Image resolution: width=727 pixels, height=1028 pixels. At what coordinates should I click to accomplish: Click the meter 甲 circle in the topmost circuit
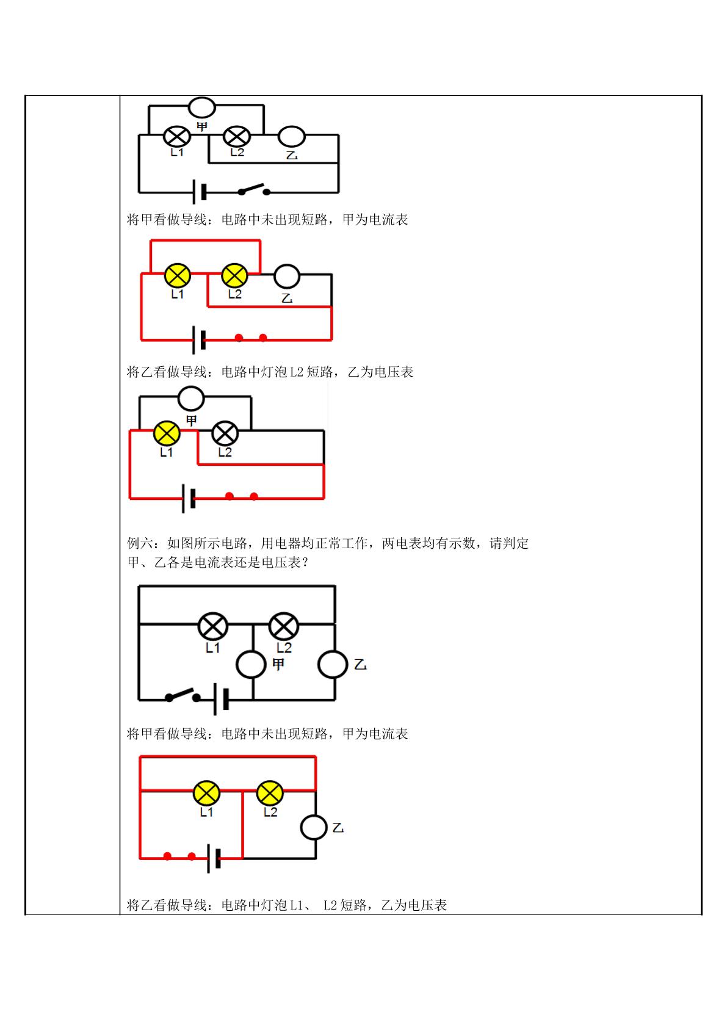pyautogui.click(x=202, y=107)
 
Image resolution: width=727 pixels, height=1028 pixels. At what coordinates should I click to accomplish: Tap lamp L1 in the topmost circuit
pyautogui.click(x=177, y=136)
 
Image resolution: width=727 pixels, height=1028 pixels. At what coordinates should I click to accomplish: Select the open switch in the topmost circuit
pyautogui.click(x=254, y=189)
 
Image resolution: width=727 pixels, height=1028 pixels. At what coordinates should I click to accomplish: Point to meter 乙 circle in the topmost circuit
pyautogui.click(x=291, y=136)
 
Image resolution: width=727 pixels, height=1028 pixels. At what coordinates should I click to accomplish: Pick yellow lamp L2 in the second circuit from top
pyautogui.click(x=234, y=275)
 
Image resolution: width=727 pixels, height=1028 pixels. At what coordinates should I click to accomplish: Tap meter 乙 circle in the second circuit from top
pyautogui.click(x=287, y=277)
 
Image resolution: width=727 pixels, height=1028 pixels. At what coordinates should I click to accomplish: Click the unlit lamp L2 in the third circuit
pyautogui.click(x=225, y=433)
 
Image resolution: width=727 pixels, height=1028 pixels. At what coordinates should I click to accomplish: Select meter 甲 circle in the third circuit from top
pyautogui.click(x=191, y=398)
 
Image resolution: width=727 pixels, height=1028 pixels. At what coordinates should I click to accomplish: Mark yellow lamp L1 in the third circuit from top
pyautogui.click(x=167, y=433)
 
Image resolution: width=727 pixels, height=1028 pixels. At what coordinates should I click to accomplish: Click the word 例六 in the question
pyautogui.click(x=140, y=543)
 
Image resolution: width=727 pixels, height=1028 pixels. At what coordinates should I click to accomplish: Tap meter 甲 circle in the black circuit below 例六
pyautogui.click(x=251, y=664)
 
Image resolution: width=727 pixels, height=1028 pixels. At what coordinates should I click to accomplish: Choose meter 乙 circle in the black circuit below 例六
pyautogui.click(x=333, y=664)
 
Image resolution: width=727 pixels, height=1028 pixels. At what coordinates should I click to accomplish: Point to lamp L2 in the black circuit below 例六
pyautogui.click(x=284, y=626)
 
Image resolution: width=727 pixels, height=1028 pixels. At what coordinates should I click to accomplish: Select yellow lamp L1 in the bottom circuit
pyautogui.click(x=206, y=792)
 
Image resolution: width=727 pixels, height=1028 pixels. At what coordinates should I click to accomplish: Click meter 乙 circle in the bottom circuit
pyautogui.click(x=314, y=827)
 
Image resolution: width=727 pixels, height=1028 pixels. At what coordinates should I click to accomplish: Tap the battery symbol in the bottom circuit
pyautogui.click(x=214, y=858)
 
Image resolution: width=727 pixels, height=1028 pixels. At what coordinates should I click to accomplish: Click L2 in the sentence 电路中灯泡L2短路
pyautogui.click(x=297, y=372)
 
